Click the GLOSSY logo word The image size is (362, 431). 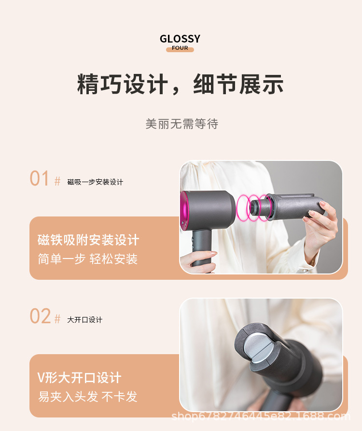tap(180, 39)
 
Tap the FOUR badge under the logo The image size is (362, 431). tap(180, 48)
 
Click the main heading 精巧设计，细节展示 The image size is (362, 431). tap(180, 84)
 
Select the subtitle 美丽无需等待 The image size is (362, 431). tap(182, 124)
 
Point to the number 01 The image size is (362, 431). tap(40, 179)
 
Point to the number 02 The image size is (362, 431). tap(40, 316)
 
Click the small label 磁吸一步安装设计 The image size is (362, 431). tap(95, 182)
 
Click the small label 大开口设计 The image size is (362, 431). tap(84, 320)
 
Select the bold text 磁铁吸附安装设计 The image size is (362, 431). tap(88, 240)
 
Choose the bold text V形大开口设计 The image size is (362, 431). tap(80, 377)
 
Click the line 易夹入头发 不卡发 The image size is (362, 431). tap(88, 397)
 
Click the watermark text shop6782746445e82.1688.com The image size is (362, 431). tap(261, 416)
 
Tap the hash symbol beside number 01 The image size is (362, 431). tap(57, 181)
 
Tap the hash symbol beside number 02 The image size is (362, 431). tap(57, 319)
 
